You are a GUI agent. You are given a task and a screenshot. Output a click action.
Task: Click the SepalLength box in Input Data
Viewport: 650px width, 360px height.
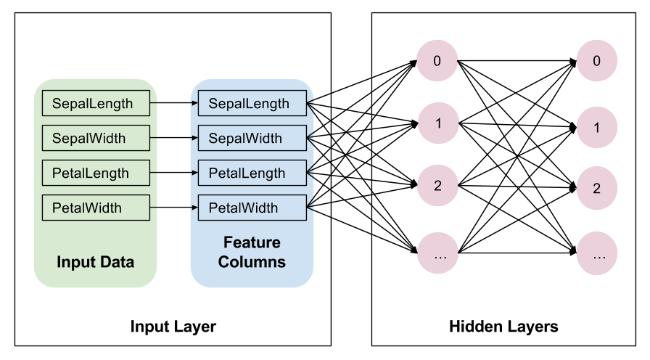point(96,104)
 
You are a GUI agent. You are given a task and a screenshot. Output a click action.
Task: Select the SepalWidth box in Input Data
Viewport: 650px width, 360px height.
point(96,138)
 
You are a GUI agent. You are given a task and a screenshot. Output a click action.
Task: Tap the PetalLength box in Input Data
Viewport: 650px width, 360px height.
point(96,173)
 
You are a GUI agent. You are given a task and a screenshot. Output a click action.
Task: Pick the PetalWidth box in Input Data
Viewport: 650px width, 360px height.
point(96,208)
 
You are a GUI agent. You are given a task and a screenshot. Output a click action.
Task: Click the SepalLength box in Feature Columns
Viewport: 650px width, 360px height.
point(252,104)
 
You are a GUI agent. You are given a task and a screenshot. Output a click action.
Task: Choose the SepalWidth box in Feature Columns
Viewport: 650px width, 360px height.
point(252,138)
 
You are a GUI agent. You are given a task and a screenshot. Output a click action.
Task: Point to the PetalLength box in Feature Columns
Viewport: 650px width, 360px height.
point(252,173)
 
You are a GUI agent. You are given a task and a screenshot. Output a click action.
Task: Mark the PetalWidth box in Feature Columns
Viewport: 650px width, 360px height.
point(252,208)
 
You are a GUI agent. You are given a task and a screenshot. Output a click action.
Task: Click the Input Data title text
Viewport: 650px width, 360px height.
point(95,262)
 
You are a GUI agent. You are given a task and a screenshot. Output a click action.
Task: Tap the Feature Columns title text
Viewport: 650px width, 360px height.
point(252,252)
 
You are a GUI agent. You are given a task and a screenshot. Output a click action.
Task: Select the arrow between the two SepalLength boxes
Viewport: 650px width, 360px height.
point(174,104)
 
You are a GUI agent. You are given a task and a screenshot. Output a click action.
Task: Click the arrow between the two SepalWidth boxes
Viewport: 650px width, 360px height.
point(174,138)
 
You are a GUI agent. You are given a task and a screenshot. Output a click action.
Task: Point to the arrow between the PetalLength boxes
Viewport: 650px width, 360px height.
point(174,173)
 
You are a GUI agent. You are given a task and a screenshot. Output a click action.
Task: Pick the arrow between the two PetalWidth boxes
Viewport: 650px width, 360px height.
point(174,208)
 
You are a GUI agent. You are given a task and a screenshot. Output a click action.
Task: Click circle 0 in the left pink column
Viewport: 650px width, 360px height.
point(437,61)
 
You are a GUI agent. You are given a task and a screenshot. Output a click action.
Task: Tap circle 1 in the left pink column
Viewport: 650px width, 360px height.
point(437,123)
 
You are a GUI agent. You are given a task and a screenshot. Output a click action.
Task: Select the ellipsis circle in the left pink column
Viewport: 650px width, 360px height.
point(437,255)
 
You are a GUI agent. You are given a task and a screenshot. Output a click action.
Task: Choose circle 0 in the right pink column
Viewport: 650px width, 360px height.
point(597,61)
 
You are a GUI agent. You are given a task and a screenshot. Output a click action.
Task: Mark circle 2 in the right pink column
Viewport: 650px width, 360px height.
point(597,189)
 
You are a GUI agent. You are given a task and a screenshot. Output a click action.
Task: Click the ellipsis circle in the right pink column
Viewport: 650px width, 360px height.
point(597,255)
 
